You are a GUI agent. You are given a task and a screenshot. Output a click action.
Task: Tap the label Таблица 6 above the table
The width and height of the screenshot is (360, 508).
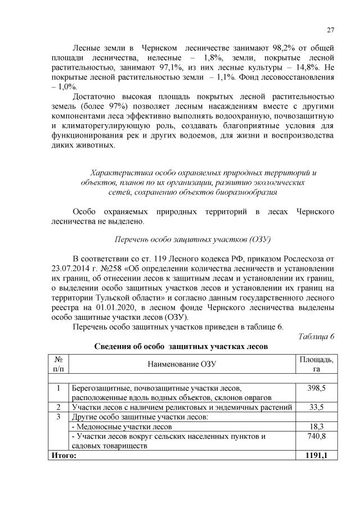coord(316,336)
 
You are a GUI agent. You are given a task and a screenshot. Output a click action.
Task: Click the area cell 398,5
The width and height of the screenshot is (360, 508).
coord(317,388)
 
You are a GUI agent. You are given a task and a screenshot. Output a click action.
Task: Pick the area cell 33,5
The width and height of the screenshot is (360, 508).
coord(317,407)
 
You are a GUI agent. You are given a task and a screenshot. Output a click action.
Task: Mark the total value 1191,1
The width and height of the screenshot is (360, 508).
coord(316,454)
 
